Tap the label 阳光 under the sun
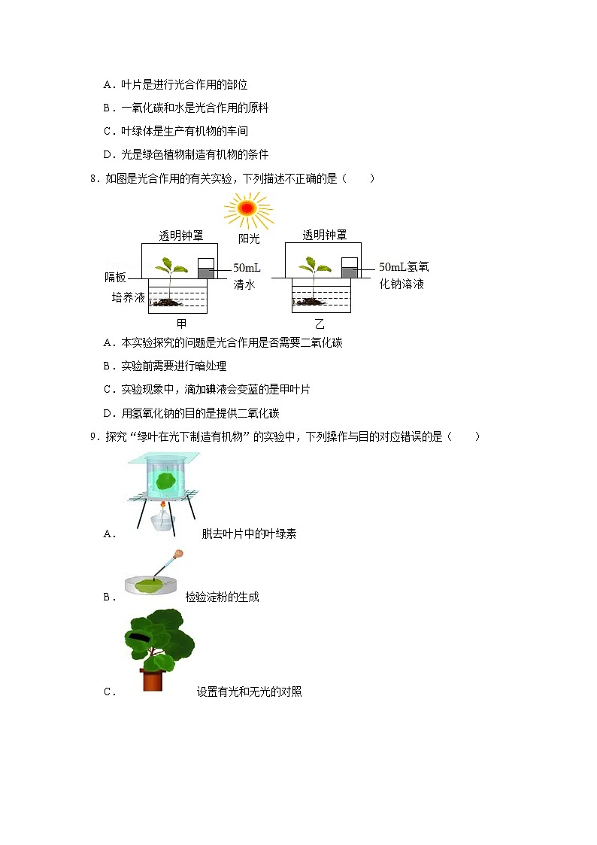click(249, 239)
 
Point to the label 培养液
click(128, 298)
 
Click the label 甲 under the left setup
click(181, 324)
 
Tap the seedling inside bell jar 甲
click(171, 267)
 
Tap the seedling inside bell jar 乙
click(314, 267)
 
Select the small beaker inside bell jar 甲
click(205, 269)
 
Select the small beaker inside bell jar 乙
click(349, 269)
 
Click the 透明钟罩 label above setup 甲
click(180, 236)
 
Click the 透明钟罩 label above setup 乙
click(325, 236)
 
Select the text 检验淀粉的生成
click(223, 597)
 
